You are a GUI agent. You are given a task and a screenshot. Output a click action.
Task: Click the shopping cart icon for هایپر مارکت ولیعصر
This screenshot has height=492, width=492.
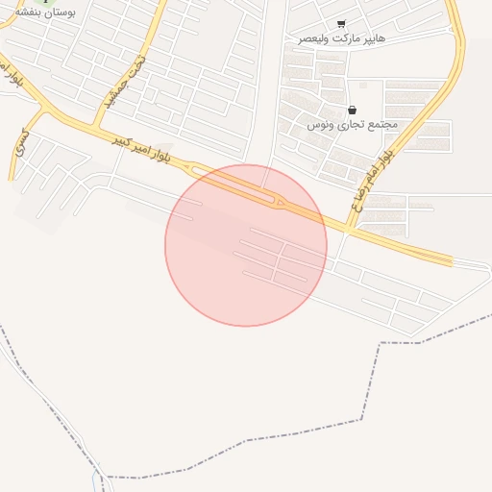pyautogui.click(x=341, y=24)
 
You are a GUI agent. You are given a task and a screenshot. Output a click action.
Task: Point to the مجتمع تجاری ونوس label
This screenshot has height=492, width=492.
pyautogui.click(x=352, y=125)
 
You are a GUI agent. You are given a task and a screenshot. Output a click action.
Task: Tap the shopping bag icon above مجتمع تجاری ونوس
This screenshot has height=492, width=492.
pyautogui.click(x=352, y=111)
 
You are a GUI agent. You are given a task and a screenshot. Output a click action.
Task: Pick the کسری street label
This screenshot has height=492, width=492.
pyautogui.click(x=19, y=144)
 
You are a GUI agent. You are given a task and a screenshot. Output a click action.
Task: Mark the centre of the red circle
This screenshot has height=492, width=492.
pyautogui.click(x=246, y=245)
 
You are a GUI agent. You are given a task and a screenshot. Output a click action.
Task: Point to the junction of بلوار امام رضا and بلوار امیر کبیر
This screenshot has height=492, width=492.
pyautogui.click(x=348, y=228)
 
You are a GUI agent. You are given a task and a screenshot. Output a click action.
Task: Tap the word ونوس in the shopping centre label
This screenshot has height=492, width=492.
pyautogui.click(x=321, y=126)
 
